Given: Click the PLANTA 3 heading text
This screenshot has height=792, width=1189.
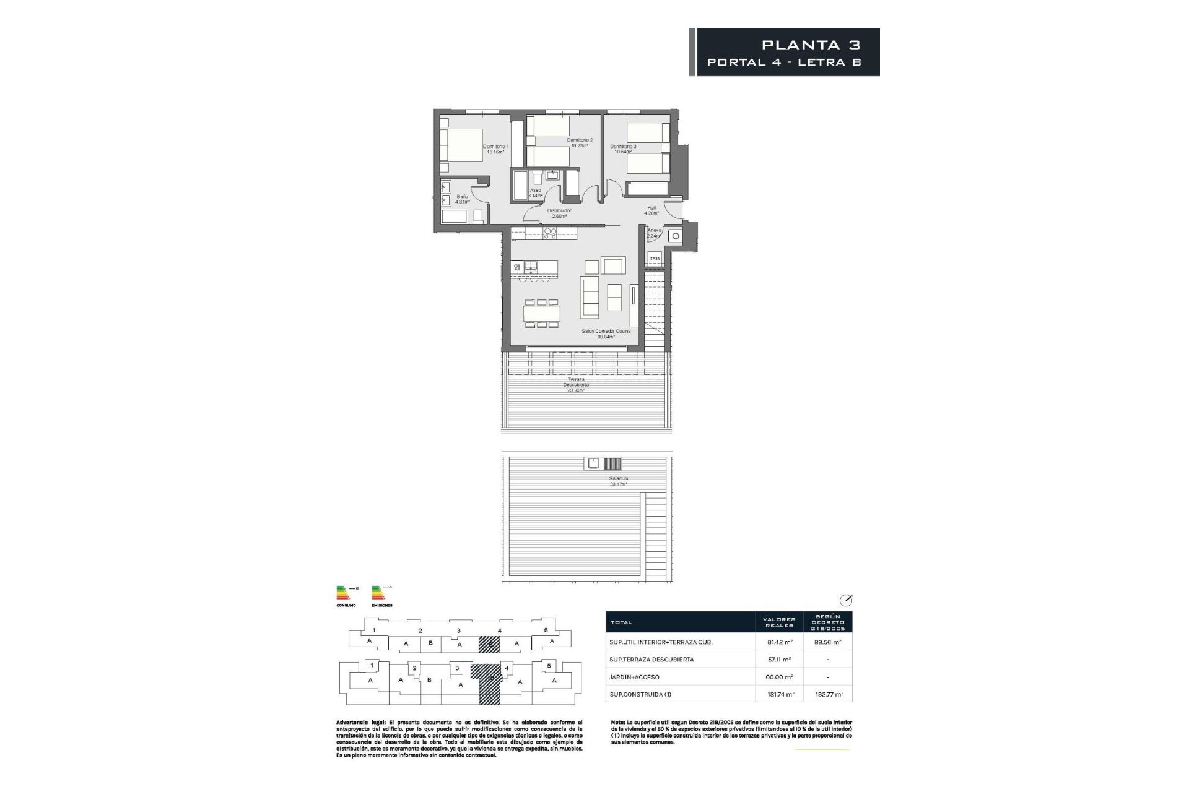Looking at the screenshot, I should tap(811, 45).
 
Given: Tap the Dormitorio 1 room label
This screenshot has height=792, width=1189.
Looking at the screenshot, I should tap(495, 149).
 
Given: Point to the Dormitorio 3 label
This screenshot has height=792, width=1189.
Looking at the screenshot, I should tap(623, 149).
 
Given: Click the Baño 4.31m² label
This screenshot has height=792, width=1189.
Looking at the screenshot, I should tap(462, 199).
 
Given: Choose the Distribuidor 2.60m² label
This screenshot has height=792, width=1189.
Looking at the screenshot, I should tap(559, 213).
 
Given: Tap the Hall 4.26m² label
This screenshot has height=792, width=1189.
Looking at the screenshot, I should tap(651, 210).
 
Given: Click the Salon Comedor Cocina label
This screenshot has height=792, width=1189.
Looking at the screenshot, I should tap(606, 334).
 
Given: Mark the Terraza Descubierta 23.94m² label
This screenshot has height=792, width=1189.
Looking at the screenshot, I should tap(576, 384).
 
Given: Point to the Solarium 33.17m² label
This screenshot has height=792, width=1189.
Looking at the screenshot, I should tap(619, 481).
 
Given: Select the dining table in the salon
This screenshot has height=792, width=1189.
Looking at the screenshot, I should tap(542, 313).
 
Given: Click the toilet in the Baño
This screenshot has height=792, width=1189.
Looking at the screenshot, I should tap(477, 216).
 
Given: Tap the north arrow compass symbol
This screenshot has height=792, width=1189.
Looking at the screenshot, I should tap(845, 600).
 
